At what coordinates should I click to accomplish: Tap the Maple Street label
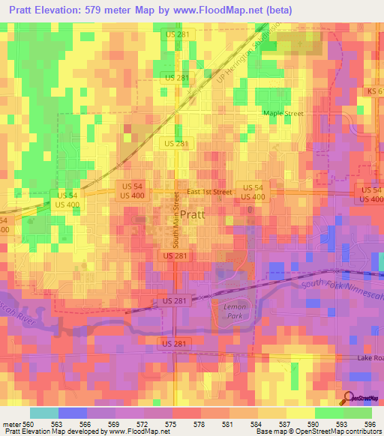(283, 113)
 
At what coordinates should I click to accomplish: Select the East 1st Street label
(209, 192)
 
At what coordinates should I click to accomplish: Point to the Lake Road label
(370, 358)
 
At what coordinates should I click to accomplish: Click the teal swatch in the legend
(43, 412)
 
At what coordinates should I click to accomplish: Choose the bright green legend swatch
(329, 412)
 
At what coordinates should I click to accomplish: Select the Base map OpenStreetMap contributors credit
(318, 431)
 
